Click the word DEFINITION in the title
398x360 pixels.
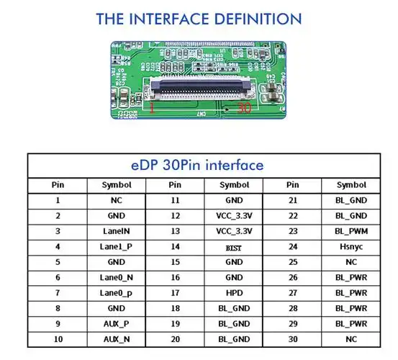click(x=258, y=19)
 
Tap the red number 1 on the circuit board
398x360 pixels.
click(x=152, y=108)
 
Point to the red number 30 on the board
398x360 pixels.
click(x=244, y=108)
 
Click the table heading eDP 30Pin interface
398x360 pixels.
click(x=197, y=165)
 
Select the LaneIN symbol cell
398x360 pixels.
click(x=117, y=231)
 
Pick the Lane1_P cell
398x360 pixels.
click(x=116, y=247)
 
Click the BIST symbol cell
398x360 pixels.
click(x=233, y=248)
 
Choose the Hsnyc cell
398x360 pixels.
click(x=351, y=247)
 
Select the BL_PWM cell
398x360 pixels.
click(x=351, y=231)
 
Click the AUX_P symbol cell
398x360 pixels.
click(x=117, y=324)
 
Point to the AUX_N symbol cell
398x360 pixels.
click(x=117, y=339)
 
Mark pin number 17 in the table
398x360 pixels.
click(x=175, y=293)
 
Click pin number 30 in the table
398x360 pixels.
click(x=293, y=339)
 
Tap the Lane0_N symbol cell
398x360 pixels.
click(x=117, y=277)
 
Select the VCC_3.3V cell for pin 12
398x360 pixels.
click(x=234, y=216)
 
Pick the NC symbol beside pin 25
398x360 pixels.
click(x=351, y=262)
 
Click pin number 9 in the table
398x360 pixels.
click(x=58, y=324)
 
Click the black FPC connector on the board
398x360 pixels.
click(x=201, y=88)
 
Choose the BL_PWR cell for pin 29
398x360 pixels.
click(x=351, y=324)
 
